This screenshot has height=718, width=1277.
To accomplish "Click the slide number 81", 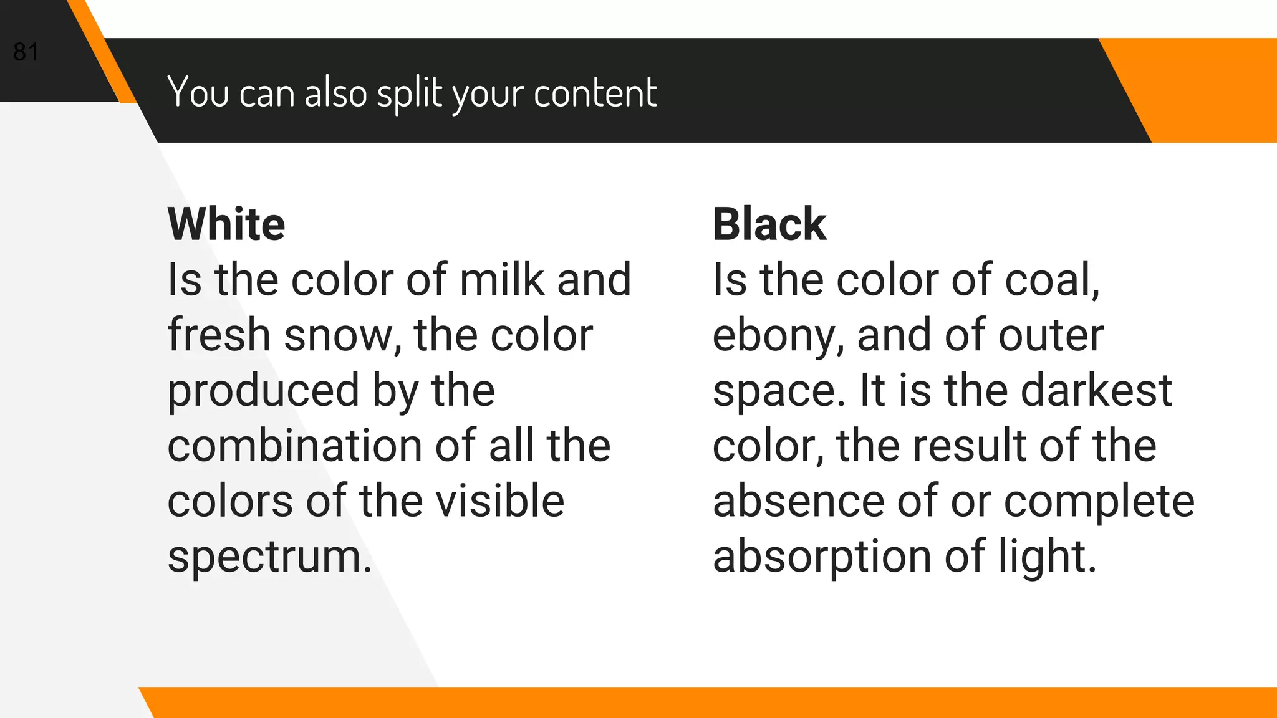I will [x=26, y=52].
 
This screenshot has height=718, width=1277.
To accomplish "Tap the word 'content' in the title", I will [x=595, y=93].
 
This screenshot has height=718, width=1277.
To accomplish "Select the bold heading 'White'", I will [x=226, y=224].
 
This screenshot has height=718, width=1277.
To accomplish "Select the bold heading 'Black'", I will [x=769, y=224].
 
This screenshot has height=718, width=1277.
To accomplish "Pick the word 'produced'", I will [x=264, y=391].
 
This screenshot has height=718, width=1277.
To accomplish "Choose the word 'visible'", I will [x=499, y=501].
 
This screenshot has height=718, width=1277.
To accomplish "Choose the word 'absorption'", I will [x=822, y=557].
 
